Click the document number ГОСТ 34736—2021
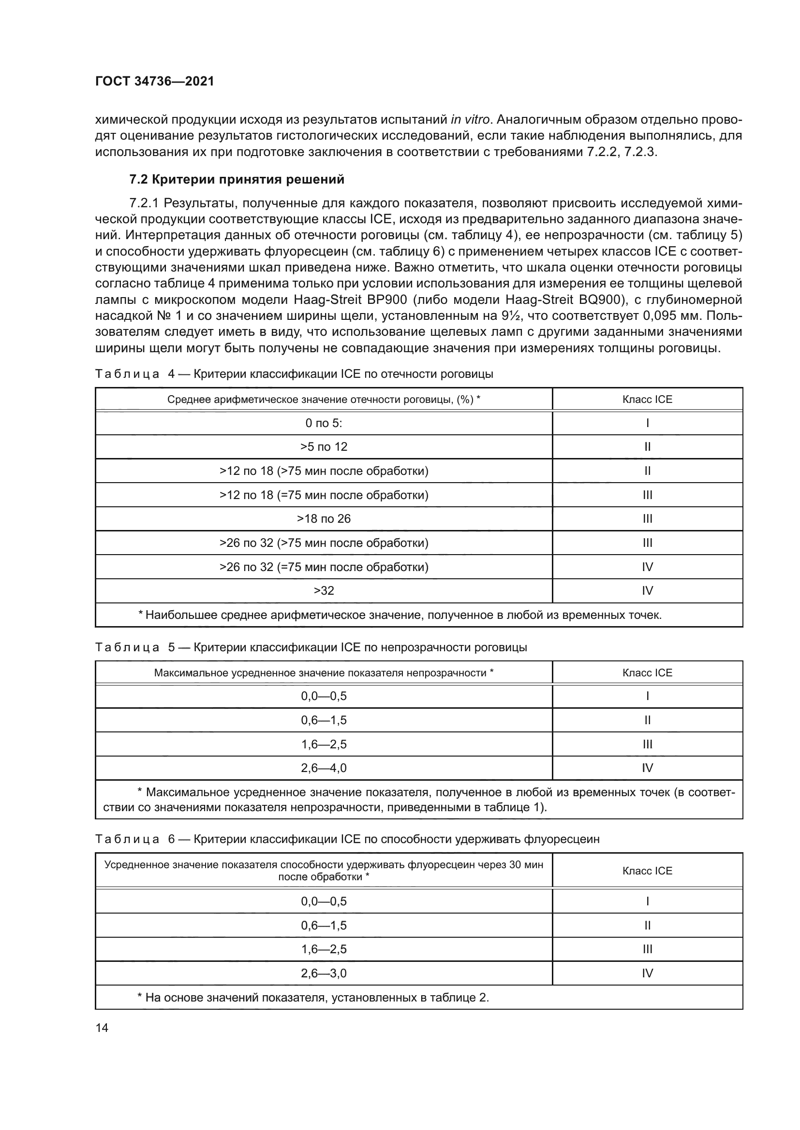click(155, 82)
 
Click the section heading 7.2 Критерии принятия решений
click(237, 180)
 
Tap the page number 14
click(102, 1028)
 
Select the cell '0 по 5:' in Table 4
click(324, 423)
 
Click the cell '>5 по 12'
click(324, 447)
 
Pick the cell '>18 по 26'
click(324, 519)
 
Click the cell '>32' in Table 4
click(324, 590)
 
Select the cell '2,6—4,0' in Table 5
click(324, 768)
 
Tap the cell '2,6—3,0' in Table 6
click(324, 973)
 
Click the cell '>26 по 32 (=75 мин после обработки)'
click(324, 567)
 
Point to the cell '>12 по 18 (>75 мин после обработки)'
click(324, 471)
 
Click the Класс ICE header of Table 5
click(647, 673)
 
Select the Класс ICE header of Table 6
click(647, 871)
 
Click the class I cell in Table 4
click(647, 423)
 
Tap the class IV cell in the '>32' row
click(647, 590)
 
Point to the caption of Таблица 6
click(347, 839)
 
